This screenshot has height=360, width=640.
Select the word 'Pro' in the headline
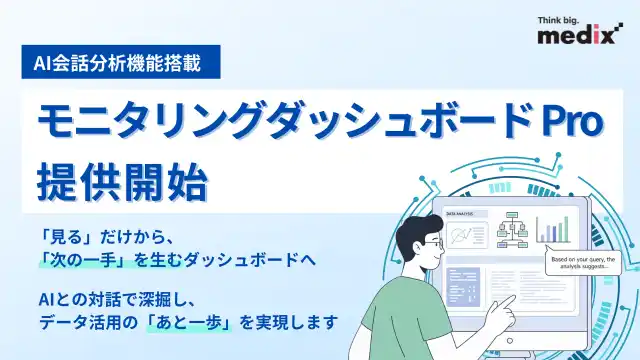coord(570,124)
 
